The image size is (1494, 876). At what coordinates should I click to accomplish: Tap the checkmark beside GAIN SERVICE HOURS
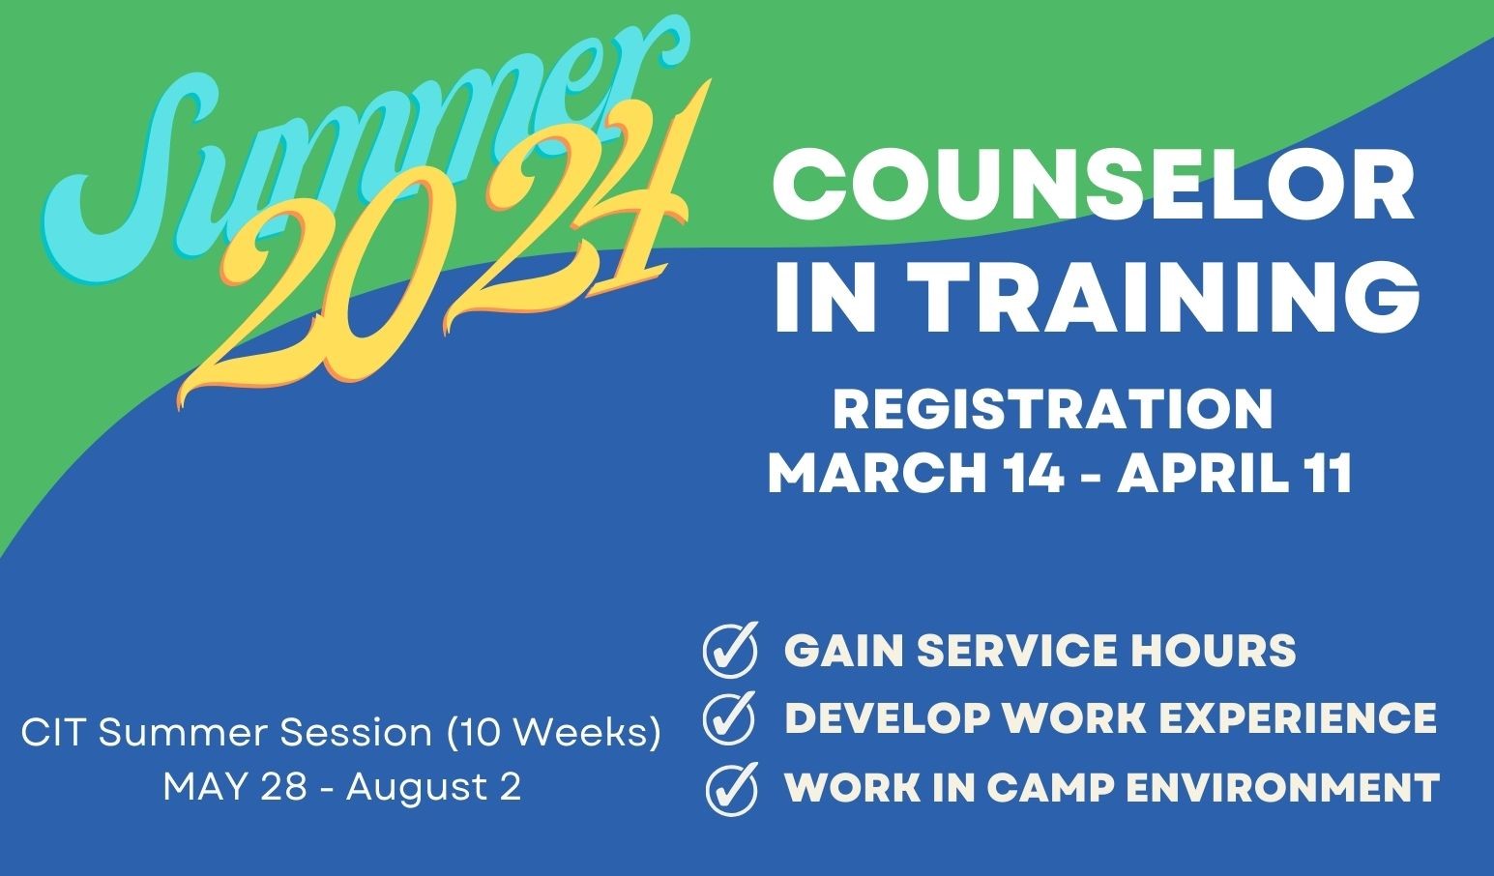[731, 650]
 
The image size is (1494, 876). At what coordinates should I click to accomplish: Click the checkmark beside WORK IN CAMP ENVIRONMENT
[732, 789]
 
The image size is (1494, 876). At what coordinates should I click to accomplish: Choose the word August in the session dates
[415, 789]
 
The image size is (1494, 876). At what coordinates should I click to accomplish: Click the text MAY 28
[235, 787]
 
